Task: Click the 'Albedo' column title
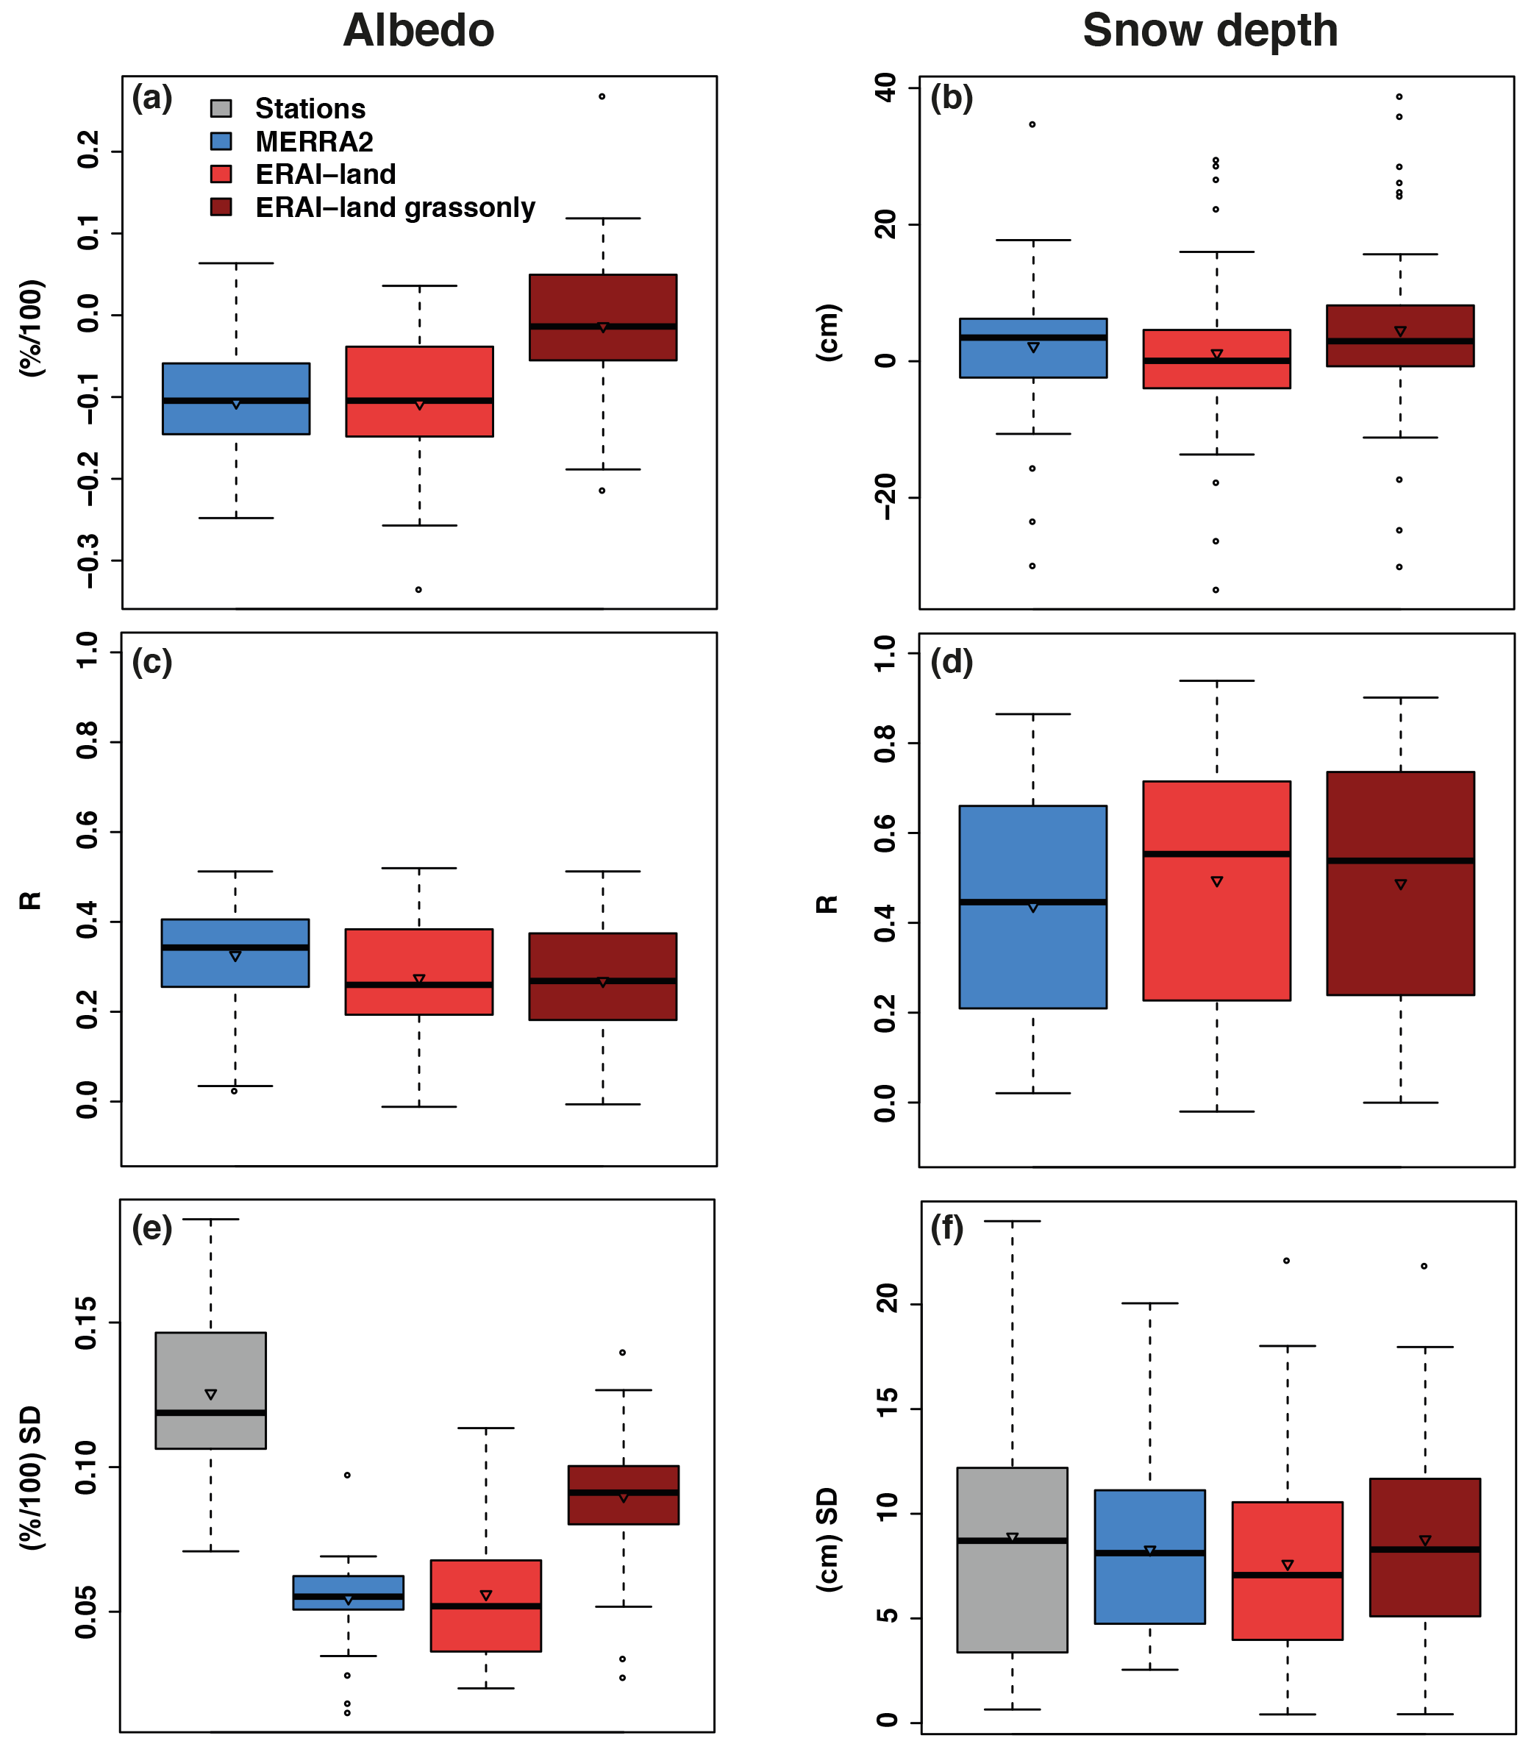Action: tap(418, 32)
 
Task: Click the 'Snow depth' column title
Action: tap(1210, 32)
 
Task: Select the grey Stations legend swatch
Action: tap(221, 107)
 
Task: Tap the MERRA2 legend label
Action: tap(314, 142)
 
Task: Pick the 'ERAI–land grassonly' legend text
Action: tap(396, 208)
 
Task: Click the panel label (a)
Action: tap(151, 99)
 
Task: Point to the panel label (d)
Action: tap(952, 662)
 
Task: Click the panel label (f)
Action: tap(947, 1228)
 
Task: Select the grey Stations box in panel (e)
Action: tap(210, 1390)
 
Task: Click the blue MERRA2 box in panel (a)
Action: tap(236, 399)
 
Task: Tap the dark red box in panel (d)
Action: tap(1400, 883)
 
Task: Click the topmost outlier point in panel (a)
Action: tap(602, 96)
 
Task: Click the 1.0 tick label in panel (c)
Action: tap(88, 652)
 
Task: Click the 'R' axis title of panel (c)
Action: tap(31, 901)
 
